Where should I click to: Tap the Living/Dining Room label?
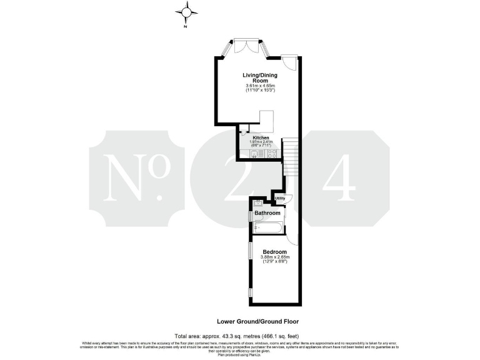coord(259,79)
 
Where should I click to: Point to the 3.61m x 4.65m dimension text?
coord(259,86)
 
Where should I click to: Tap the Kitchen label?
coord(261,137)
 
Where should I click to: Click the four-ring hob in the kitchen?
coord(272,154)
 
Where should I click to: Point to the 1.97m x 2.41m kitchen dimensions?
coord(260,142)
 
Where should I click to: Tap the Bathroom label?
coord(267,213)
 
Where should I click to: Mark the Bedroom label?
coord(274,252)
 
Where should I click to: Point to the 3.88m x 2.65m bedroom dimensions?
coord(274,257)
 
